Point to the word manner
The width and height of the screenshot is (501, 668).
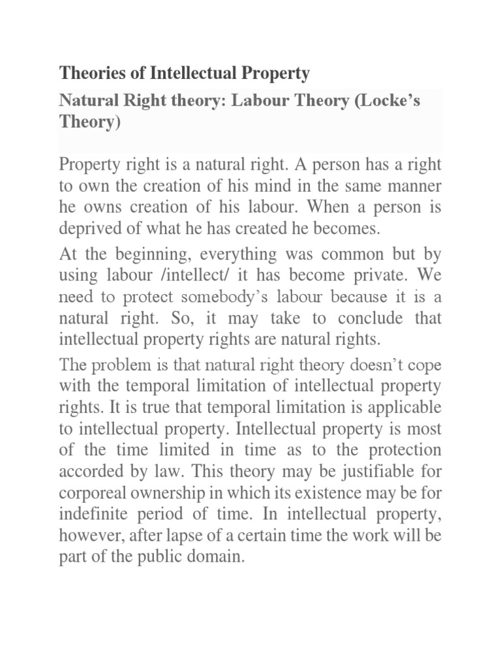coord(413,186)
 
